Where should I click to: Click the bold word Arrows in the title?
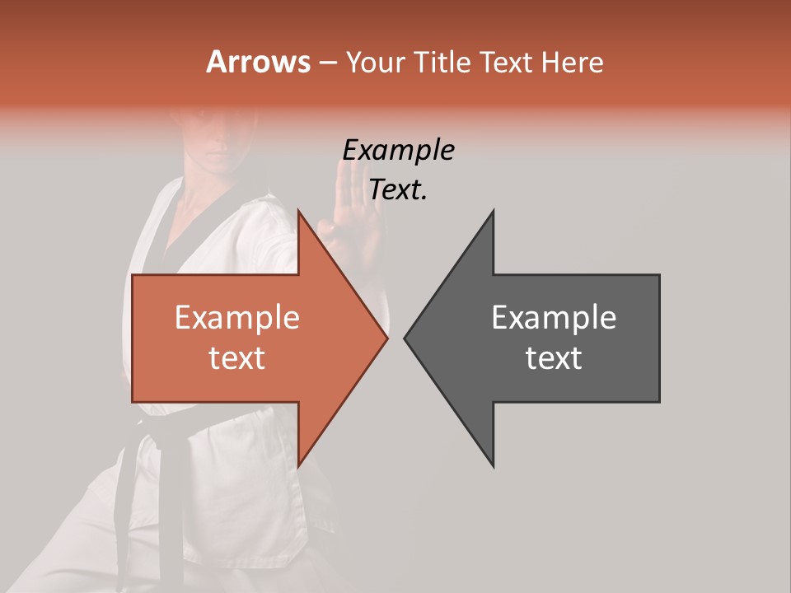tap(258, 62)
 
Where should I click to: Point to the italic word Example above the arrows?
tap(398, 151)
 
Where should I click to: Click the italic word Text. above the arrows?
tap(398, 190)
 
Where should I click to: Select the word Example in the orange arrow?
tap(237, 318)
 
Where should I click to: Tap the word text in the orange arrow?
tap(237, 358)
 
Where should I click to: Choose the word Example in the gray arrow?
tap(554, 318)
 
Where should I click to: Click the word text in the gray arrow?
tap(554, 358)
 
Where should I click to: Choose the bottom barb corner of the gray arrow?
tap(493, 466)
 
